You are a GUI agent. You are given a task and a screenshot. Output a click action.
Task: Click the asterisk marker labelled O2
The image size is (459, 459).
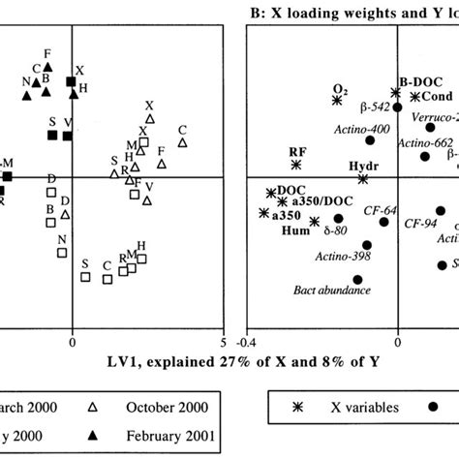click(x=337, y=100)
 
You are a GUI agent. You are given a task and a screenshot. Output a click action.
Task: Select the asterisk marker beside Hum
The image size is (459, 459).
click(x=315, y=222)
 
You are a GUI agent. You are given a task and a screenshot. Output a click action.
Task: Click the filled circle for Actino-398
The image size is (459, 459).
click(x=367, y=245)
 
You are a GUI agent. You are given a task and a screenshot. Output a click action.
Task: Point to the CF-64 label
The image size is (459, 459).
click(x=380, y=209)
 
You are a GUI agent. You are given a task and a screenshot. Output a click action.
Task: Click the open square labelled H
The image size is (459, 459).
click(x=141, y=259)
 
